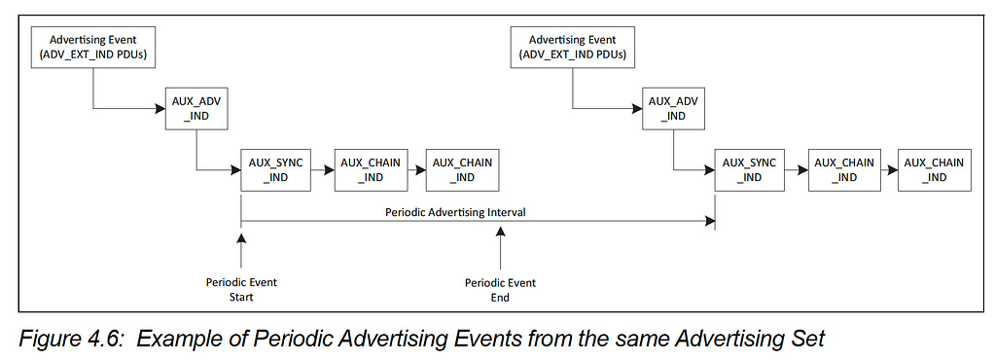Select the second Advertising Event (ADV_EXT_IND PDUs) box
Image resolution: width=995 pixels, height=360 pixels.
click(x=571, y=48)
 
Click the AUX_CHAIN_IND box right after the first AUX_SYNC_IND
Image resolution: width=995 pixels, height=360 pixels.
click(x=367, y=170)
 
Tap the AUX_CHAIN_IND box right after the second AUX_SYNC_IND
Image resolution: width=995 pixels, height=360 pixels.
click(x=841, y=170)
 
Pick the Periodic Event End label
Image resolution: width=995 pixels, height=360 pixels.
click(x=500, y=290)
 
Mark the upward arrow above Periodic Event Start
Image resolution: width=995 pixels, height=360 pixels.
click(x=240, y=248)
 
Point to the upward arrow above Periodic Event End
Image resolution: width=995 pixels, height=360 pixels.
click(x=500, y=248)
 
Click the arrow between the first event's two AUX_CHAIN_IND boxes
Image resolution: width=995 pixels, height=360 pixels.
click(x=414, y=170)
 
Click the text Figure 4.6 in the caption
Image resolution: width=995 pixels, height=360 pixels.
click(x=69, y=340)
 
